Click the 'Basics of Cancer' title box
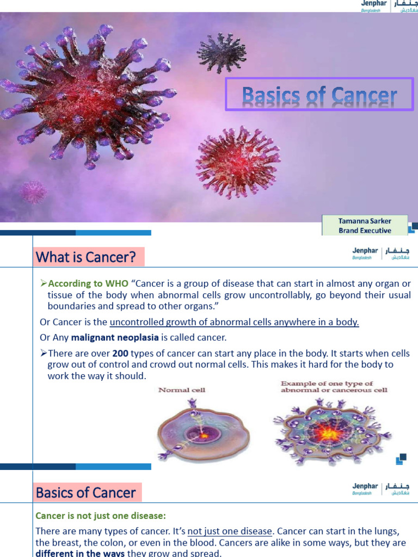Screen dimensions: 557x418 click(319, 95)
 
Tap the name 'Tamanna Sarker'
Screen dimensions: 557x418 click(365, 221)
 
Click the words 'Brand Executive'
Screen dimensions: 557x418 click(365, 230)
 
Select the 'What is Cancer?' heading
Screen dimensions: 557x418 click(86, 257)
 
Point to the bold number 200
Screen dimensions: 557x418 click(120, 354)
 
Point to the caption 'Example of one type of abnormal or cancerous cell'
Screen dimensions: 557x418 click(334, 387)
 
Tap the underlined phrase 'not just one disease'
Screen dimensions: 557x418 click(230, 531)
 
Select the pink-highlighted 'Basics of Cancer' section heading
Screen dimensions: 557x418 click(86, 493)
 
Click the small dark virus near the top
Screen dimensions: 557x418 click(222, 52)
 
